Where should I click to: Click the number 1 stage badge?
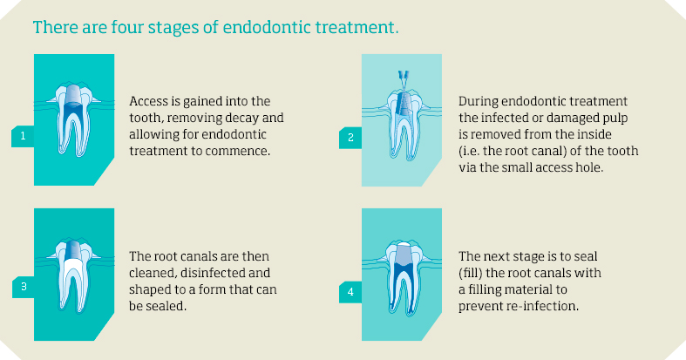[23, 136]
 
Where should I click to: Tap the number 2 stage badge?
[350, 138]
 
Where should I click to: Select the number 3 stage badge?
[24, 287]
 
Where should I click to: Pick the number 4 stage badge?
[350, 292]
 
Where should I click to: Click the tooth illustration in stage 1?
[73, 119]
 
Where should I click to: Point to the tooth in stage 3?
[73, 275]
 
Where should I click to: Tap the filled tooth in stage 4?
[403, 277]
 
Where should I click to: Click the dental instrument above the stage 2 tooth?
[404, 79]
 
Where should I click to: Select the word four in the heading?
[127, 27]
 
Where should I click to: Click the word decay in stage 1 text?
[241, 119]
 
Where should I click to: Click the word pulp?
[615, 119]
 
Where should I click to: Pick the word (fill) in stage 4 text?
[471, 274]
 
